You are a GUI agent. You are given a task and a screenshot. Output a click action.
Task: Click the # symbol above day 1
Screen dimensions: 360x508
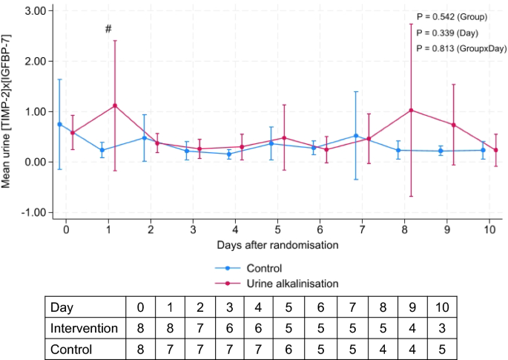point(108,29)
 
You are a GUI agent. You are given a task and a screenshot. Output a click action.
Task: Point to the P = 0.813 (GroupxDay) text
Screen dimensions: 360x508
point(461,48)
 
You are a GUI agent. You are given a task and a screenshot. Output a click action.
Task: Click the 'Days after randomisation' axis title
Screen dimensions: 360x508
point(279,244)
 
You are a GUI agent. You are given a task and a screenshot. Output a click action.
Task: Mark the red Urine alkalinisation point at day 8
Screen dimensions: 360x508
point(411,110)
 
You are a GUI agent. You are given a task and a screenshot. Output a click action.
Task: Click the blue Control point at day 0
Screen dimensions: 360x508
point(59,124)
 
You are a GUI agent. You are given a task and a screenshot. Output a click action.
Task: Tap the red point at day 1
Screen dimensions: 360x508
point(115,105)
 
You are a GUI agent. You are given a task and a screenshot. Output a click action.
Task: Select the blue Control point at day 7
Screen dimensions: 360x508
point(357,136)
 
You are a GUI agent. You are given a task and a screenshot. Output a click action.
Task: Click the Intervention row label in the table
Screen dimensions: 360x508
point(84,327)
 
